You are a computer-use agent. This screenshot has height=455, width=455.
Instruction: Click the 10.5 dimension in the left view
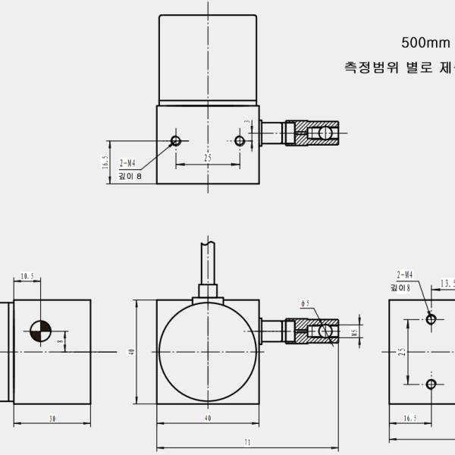(x=27, y=278)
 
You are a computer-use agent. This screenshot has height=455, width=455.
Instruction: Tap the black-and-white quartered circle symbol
(x=39, y=331)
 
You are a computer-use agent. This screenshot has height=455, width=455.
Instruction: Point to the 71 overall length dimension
(x=247, y=442)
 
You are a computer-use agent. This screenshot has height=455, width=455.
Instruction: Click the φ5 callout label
(x=306, y=303)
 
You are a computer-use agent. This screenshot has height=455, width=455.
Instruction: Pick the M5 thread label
(x=354, y=331)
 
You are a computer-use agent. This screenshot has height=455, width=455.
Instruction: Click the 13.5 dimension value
(x=447, y=284)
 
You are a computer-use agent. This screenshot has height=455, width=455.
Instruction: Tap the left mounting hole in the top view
(x=176, y=141)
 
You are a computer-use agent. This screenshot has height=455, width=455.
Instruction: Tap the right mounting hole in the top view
(x=240, y=141)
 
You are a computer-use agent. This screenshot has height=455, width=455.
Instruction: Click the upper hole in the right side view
(x=431, y=320)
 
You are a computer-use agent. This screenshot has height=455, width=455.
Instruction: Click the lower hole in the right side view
(x=431, y=384)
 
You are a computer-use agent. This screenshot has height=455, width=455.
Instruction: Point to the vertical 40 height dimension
(x=131, y=352)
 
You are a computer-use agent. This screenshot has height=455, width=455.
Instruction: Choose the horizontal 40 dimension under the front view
(x=207, y=418)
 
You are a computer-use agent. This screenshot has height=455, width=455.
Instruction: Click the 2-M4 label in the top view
(x=127, y=163)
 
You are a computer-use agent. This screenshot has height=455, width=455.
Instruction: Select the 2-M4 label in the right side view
(x=403, y=275)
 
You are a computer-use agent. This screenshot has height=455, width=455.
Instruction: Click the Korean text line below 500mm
(x=399, y=67)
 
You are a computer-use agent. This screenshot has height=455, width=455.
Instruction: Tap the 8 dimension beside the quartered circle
(x=61, y=341)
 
